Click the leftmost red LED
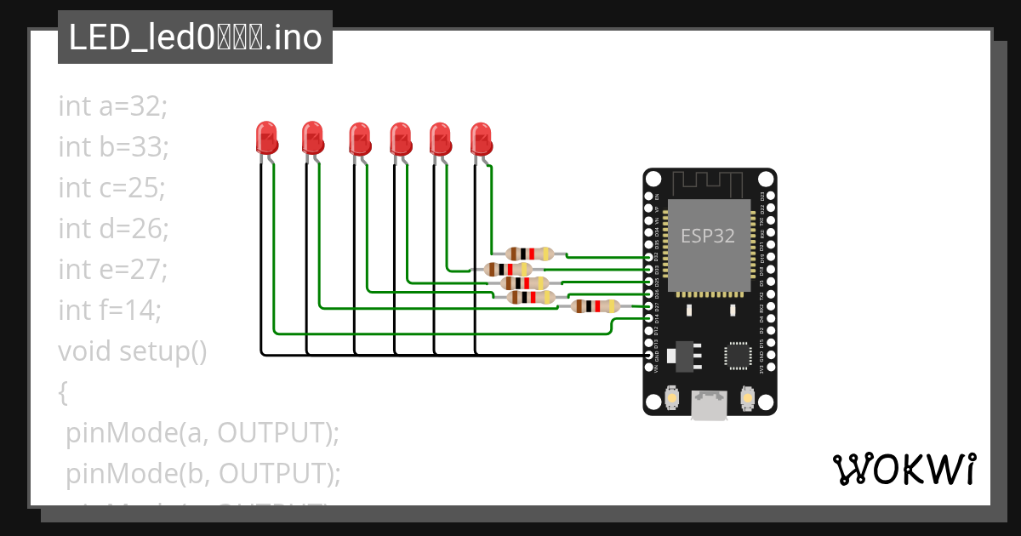(266, 138)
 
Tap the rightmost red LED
(482, 139)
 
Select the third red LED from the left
(360, 139)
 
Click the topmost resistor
(529, 253)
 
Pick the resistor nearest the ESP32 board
(595, 306)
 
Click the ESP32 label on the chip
(707, 236)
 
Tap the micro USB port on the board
(709, 405)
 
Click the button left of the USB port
(672, 397)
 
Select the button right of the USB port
(747, 397)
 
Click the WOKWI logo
(903, 470)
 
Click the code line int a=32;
(113, 106)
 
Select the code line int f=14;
(110, 310)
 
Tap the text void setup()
(133, 351)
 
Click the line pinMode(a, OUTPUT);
(202, 432)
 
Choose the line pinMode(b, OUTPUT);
(203, 473)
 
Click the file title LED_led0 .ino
(195, 38)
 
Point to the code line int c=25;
(111, 187)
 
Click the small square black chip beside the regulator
(737, 356)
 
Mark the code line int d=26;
(113, 228)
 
